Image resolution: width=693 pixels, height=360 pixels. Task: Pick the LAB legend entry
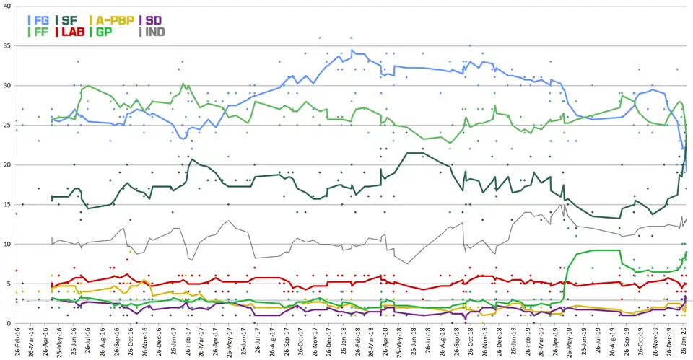pos(73,32)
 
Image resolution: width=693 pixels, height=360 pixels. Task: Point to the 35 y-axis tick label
pos(6,46)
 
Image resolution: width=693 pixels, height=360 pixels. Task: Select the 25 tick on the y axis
pos(6,126)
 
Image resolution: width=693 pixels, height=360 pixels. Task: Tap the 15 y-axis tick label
pos(6,205)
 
